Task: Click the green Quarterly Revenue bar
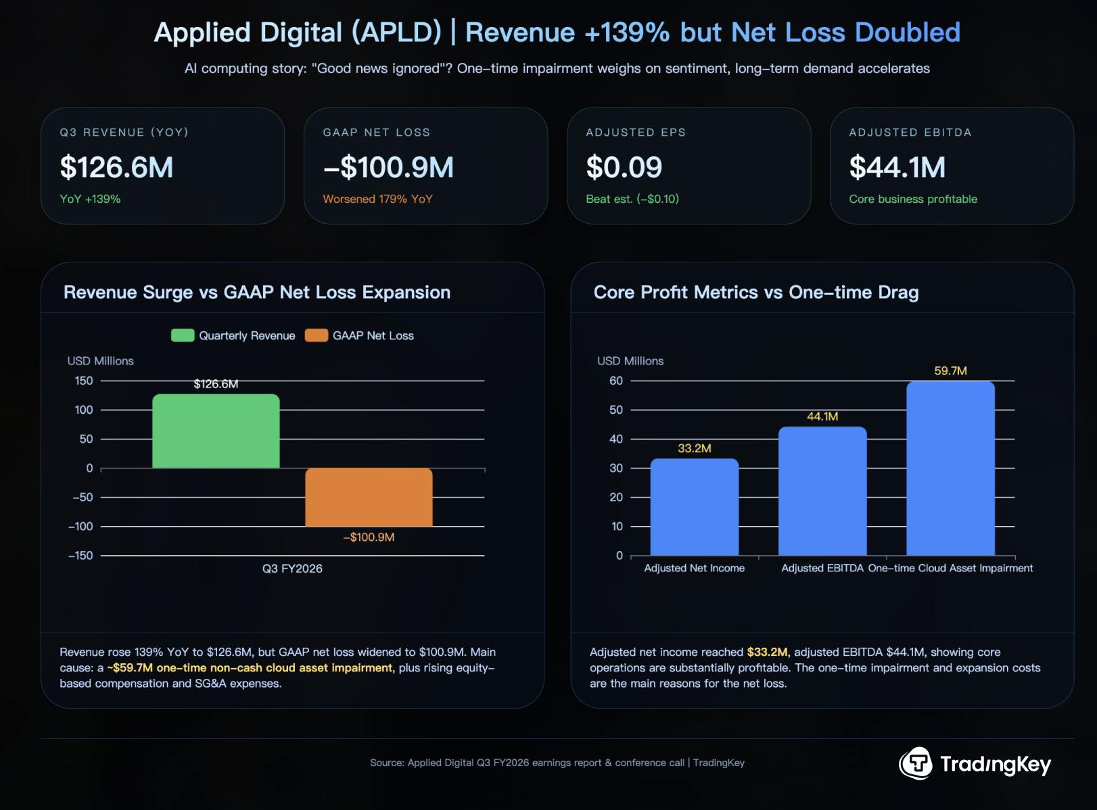(216, 431)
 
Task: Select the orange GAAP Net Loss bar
(369, 497)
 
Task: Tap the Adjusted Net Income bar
(694, 507)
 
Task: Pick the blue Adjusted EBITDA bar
(822, 491)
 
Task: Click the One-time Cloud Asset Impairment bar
(950, 468)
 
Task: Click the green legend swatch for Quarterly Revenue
(183, 335)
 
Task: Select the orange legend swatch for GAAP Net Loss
(317, 335)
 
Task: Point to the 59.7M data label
(950, 371)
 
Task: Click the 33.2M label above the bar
(694, 448)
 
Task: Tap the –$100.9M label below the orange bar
(369, 537)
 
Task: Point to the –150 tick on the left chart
(80, 555)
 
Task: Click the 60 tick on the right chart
(615, 381)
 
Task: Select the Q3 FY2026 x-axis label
(292, 569)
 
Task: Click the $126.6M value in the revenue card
(116, 167)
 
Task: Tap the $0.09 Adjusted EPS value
(624, 167)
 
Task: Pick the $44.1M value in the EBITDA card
(897, 167)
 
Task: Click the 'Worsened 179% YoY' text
(377, 199)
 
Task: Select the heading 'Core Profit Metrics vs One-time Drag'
(755, 292)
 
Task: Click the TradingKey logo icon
(916, 763)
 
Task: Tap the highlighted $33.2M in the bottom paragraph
(767, 652)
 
